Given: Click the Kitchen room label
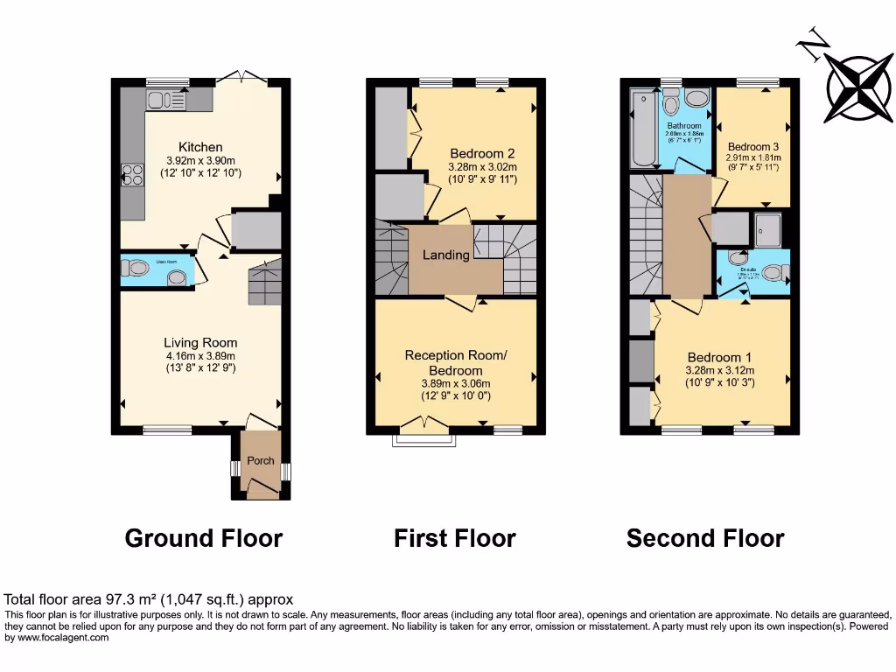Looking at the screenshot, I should pos(200,147).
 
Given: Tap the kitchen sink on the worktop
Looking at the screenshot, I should pos(166,100).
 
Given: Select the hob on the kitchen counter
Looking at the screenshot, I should pos(131,175).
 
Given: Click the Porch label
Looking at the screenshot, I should pos(261,460).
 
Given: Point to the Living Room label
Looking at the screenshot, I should pos(200,343).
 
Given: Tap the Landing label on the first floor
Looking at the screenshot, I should pos(446,255).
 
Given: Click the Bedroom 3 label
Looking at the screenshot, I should pos(752,146).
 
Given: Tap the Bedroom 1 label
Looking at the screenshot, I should pos(719,357).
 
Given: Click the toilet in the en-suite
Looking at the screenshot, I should pos(773,273).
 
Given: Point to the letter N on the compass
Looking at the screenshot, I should pos(815,44).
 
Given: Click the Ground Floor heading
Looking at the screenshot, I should pos(204,537).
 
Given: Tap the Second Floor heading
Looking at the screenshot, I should pos(705,537).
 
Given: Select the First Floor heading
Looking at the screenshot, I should pos(455,537).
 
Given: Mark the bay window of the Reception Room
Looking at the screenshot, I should pos(423,437).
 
